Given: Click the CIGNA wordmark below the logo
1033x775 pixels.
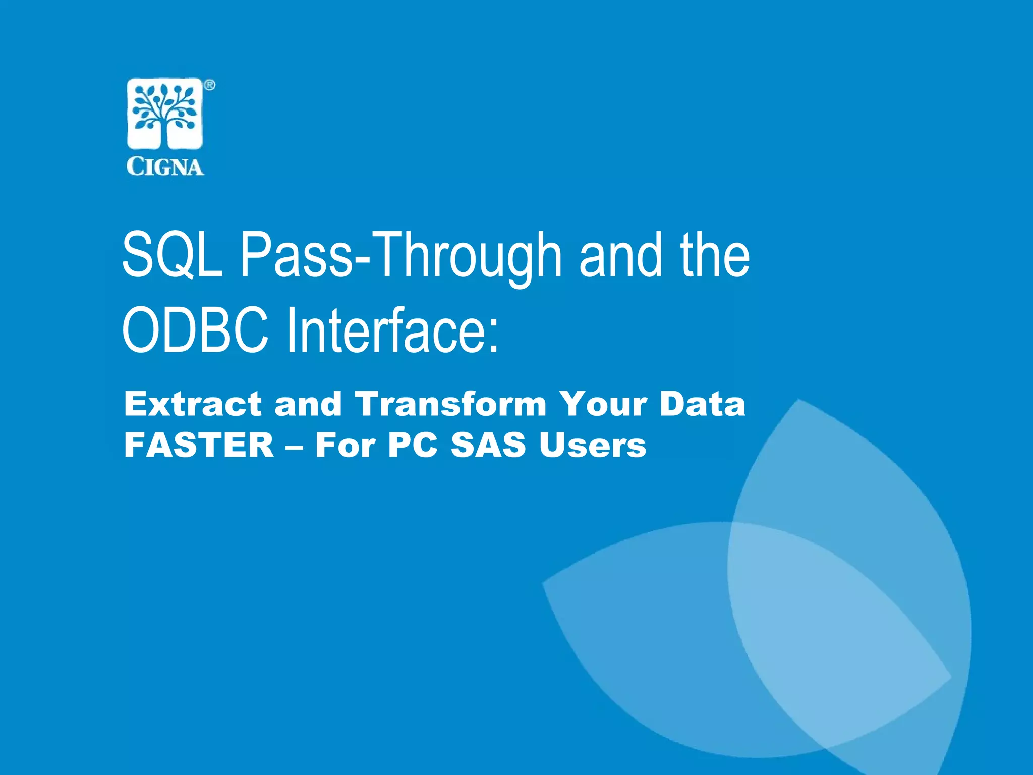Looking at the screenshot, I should tap(165, 166).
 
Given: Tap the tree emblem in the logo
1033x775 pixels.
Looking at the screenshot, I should tap(165, 114).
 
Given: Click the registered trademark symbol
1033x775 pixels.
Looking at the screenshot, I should tap(209, 85).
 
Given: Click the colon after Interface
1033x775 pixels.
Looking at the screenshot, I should tap(494, 337).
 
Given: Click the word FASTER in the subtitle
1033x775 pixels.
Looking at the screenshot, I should tap(199, 445).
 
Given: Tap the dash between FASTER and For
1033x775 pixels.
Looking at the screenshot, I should tap(295, 447).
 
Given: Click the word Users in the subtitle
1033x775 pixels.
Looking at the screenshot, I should tap(592, 445).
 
